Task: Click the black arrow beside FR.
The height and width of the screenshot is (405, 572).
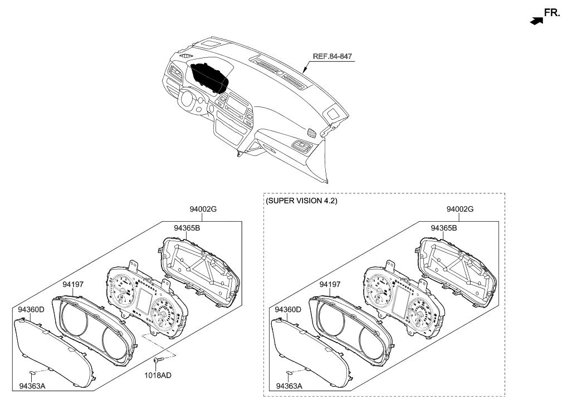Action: coord(536,21)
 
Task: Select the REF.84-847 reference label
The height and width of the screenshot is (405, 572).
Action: coord(332,56)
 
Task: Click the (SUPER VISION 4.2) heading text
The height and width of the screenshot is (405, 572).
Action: coord(301,200)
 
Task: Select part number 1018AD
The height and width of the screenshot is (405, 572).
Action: coord(159,375)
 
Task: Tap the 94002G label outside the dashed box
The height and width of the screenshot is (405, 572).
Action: coord(202,209)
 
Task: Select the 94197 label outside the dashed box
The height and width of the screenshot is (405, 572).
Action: coord(73,284)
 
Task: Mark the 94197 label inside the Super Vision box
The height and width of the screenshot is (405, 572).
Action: coord(330,284)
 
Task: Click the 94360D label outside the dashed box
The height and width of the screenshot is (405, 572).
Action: coord(32,309)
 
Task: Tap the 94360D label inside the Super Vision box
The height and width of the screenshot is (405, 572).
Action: coord(288,309)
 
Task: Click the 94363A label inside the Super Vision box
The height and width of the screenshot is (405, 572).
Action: coord(289,386)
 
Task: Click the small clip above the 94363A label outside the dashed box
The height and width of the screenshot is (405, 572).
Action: coord(33,372)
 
